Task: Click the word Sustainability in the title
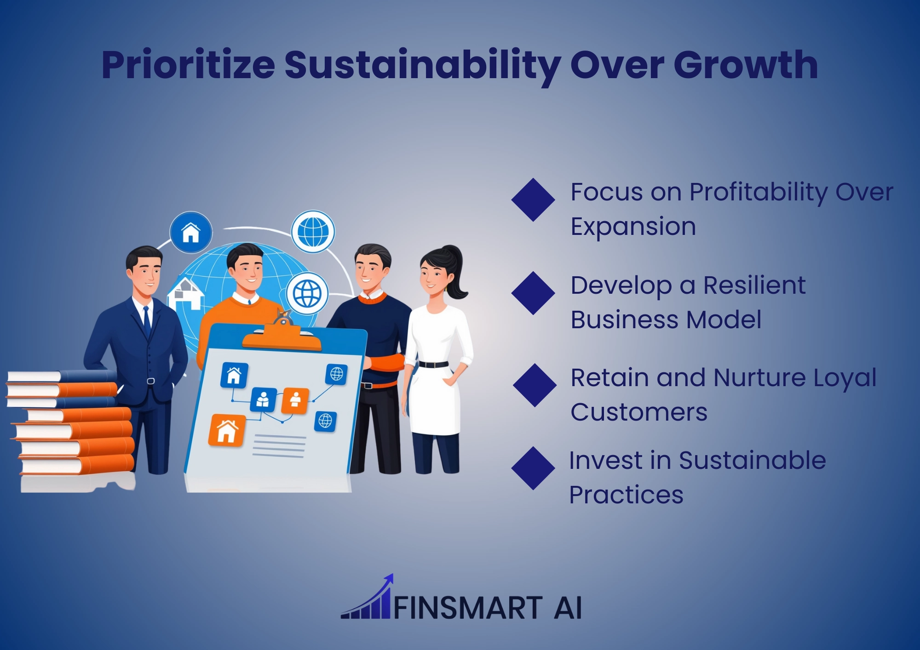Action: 423,65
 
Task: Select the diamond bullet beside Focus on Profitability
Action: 533,200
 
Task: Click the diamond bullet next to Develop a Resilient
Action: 533,293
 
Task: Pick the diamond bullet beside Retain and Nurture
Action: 535,385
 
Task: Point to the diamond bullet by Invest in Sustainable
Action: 533,468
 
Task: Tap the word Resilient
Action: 754,285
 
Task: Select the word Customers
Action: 639,412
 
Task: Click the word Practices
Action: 626,495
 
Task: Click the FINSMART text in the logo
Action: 468,608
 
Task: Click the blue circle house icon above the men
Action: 191,232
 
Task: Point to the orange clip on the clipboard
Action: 282,334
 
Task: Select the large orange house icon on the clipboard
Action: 226,430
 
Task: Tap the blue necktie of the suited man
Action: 147,321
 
